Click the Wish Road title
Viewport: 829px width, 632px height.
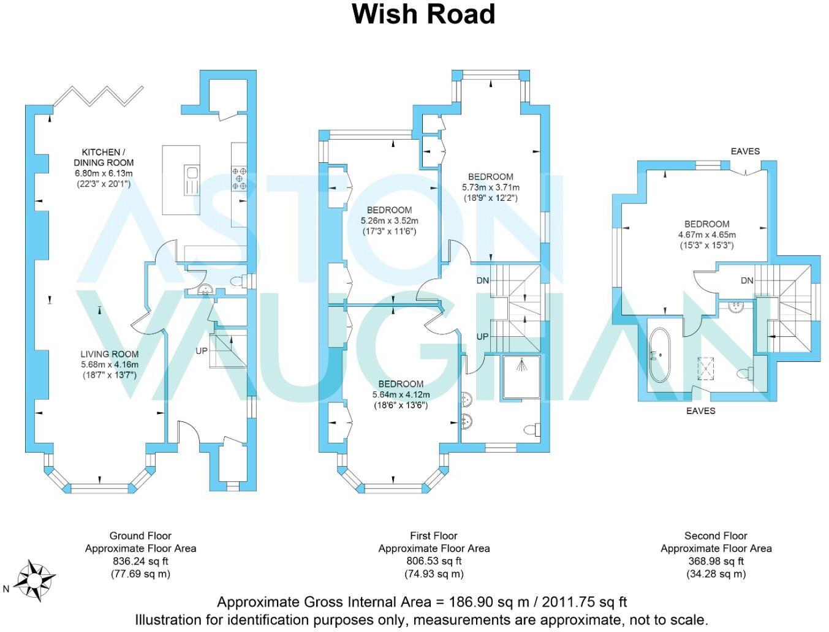(423, 14)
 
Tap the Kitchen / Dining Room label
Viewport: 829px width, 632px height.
(104, 158)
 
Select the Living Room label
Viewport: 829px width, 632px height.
(110, 354)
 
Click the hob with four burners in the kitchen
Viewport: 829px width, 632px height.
(240, 178)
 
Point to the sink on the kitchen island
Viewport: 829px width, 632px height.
(192, 180)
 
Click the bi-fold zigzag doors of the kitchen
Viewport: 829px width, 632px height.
(98, 96)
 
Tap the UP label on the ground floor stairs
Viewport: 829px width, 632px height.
(202, 351)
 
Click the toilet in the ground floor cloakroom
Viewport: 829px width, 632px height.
(238, 281)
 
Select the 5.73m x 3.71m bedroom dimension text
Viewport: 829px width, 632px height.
(491, 187)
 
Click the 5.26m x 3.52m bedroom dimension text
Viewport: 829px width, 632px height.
(390, 220)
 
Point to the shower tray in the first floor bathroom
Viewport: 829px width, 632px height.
(521, 377)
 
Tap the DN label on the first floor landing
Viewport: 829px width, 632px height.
(483, 280)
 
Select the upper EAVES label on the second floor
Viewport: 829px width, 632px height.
(745, 151)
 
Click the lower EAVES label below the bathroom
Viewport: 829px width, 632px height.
(700, 411)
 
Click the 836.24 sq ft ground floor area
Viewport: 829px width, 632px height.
(140, 562)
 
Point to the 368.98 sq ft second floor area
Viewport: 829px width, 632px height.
(716, 562)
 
